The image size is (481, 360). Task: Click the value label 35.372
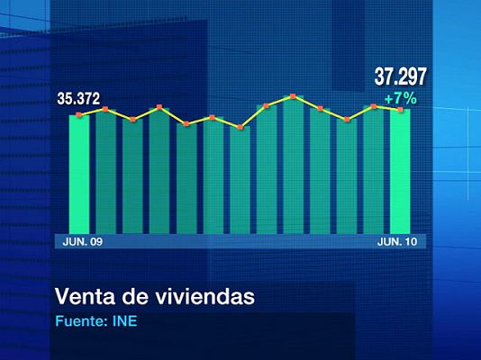click(x=78, y=98)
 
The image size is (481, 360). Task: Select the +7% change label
click(x=401, y=98)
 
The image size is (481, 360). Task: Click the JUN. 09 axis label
click(x=82, y=241)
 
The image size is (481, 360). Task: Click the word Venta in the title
click(x=84, y=296)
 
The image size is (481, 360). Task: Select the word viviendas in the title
click(x=201, y=296)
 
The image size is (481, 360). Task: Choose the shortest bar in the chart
click(x=240, y=180)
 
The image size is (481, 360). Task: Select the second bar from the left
click(x=106, y=171)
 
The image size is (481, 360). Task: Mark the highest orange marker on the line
click(x=294, y=96)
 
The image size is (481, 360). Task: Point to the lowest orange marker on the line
click(x=240, y=128)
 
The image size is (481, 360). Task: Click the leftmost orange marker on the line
click(x=79, y=115)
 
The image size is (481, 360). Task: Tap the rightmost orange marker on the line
click(x=400, y=110)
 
